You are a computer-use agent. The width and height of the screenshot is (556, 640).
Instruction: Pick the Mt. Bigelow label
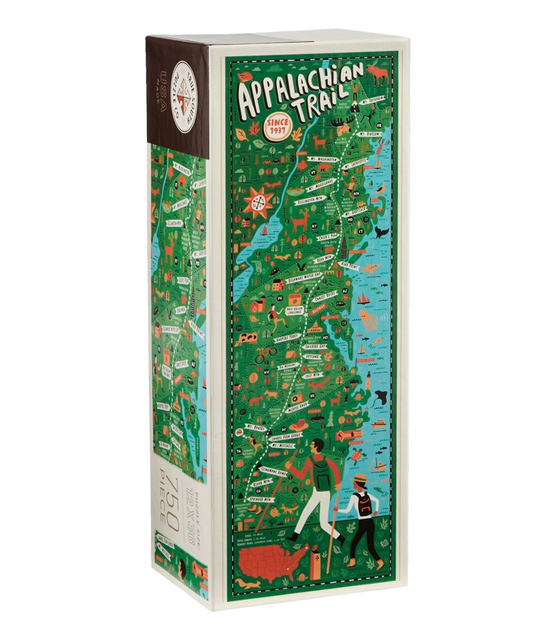click(x=370, y=134)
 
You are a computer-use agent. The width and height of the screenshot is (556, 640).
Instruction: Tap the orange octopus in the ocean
click(x=369, y=320)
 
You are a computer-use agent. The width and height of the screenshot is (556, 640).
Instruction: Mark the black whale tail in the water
click(x=382, y=232)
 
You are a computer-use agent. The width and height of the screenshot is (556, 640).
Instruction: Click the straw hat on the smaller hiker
click(x=359, y=478)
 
